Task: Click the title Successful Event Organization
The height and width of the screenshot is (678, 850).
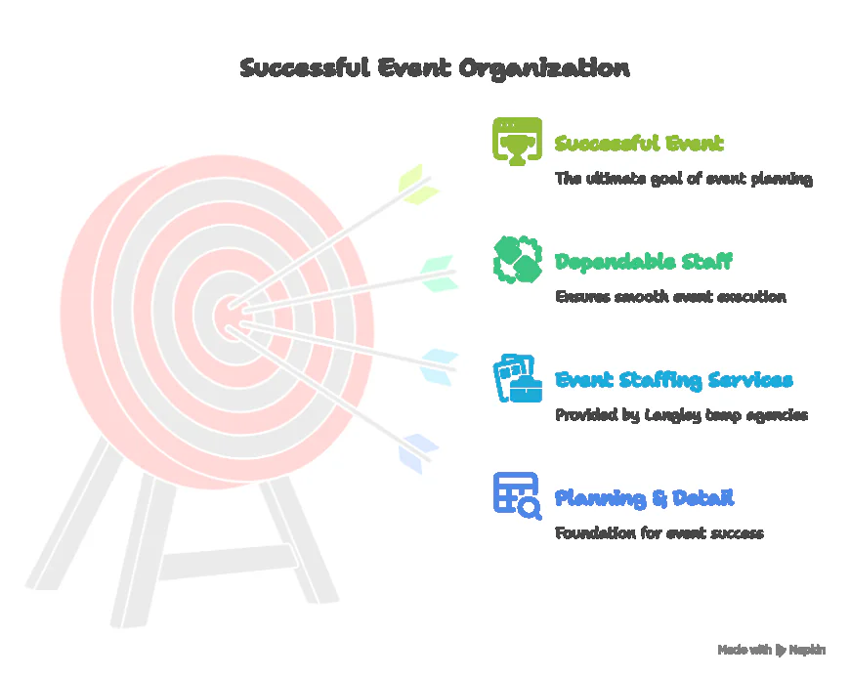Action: (435, 68)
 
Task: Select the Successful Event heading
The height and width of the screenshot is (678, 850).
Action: (639, 144)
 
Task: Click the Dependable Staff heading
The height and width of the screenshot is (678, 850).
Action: (643, 262)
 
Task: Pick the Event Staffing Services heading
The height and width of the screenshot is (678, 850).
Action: (673, 380)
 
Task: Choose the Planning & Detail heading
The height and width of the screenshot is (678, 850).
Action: (644, 498)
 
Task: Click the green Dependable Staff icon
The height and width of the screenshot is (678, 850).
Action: (517, 259)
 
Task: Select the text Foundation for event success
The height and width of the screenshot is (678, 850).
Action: (659, 532)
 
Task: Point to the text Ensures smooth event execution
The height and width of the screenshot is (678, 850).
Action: (669, 296)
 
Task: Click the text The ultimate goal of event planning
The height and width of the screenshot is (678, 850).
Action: (683, 179)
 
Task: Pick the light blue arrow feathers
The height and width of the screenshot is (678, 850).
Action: (440, 365)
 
